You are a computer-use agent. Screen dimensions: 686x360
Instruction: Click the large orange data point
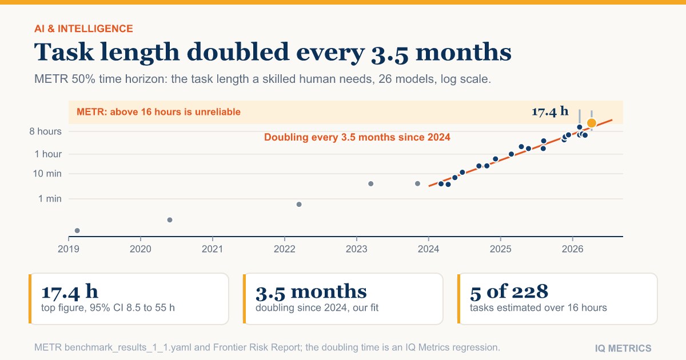(591, 123)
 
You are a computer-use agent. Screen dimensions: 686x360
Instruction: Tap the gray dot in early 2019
(77, 230)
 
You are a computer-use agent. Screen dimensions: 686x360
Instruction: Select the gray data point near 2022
(299, 204)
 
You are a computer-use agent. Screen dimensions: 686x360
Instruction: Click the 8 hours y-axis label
(45, 131)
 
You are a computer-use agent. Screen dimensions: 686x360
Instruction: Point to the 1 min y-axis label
(50, 199)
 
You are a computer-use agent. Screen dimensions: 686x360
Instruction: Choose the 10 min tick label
(47, 174)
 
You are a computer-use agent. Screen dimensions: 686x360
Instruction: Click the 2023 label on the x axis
(357, 249)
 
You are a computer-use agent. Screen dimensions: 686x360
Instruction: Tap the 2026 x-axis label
(572, 249)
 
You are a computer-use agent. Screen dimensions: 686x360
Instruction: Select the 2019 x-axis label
(69, 249)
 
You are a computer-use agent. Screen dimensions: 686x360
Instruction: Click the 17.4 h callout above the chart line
(550, 111)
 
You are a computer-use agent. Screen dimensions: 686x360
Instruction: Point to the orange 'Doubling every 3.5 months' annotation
(357, 137)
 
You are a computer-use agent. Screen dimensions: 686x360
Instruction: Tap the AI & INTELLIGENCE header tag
(83, 29)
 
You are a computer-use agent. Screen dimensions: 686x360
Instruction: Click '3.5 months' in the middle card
(311, 291)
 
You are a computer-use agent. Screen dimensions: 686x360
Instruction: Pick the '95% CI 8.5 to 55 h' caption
(132, 307)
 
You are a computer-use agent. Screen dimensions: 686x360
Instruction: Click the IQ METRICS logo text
(623, 349)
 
